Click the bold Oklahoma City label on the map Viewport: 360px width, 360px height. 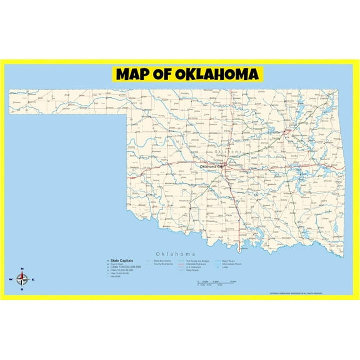[x=212, y=166]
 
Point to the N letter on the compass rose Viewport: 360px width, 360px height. [x=22, y=269]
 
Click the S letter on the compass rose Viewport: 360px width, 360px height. [x=22, y=289]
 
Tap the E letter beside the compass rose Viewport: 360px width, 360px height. [x=33, y=279]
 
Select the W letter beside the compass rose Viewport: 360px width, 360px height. [x=11, y=279]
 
